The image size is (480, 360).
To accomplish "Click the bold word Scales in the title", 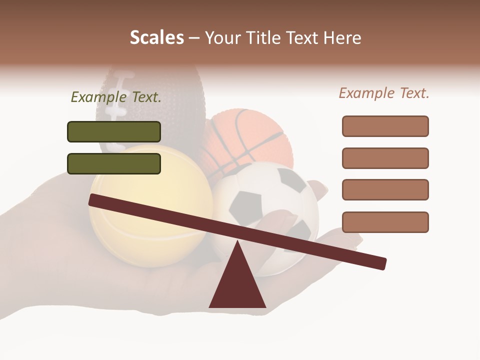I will tap(156, 37).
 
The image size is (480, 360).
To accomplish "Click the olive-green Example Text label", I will tap(116, 97).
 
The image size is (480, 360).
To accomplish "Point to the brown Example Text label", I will tap(384, 93).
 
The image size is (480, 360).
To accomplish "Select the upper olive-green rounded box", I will tap(114, 131).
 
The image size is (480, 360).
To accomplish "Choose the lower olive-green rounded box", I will tap(114, 163).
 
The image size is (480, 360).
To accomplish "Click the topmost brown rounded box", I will tap(385, 126).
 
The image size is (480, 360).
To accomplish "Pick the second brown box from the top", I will tap(385, 158).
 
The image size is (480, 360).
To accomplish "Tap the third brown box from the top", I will tap(385, 189).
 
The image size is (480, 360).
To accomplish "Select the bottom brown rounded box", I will tap(385, 222).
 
